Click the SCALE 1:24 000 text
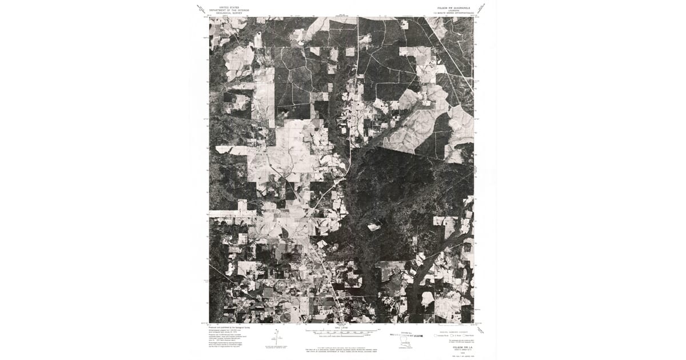pyautogui.click(x=342, y=327)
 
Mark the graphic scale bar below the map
pyautogui.click(x=342, y=331)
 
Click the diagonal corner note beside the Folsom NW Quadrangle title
pyautogui.click(x=484, y=9)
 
